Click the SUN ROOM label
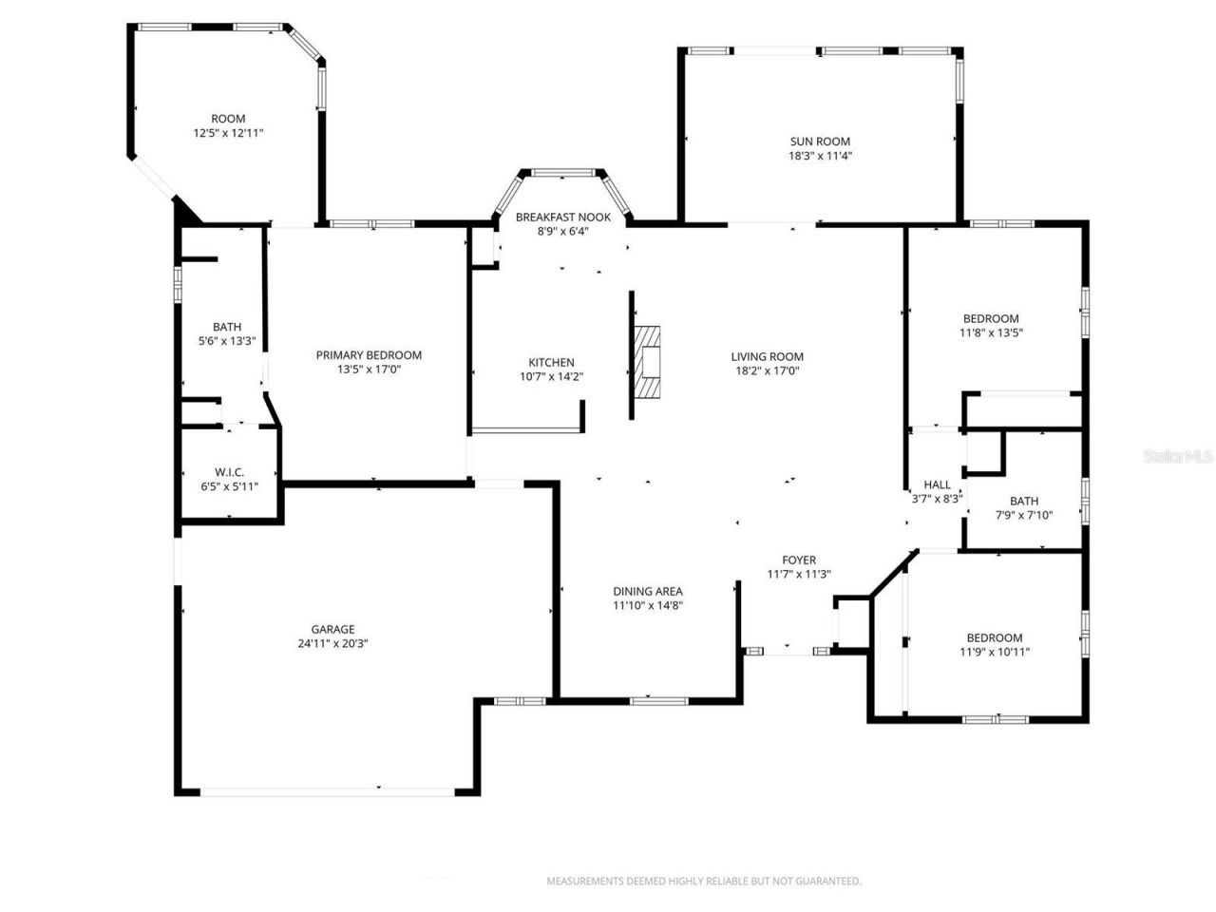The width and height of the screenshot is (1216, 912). click(819, 142)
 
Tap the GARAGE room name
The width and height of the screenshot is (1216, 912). click(332, 629)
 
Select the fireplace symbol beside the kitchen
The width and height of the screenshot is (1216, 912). click(648, 365)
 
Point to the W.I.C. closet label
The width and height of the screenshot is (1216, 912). click(230, 472)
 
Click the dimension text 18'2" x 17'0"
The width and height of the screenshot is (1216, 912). click(768, 371)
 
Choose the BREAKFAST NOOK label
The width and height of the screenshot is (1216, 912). click(562, 218)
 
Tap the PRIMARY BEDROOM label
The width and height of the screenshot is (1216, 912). click(369, 355)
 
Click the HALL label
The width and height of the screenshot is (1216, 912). click(937, 484)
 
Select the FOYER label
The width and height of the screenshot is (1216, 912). click(798, 560)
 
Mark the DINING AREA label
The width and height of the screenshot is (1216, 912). click(647, 591)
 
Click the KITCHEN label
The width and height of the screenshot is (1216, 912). click(551, 362)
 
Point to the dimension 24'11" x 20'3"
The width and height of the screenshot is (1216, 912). click(332, 643)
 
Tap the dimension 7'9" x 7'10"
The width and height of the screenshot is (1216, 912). click(1024, 515)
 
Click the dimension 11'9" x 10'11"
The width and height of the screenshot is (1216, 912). click(995, 652)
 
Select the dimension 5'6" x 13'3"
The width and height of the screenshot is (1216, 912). click(227, 341)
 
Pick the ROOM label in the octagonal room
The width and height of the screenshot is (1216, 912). click(228, 119)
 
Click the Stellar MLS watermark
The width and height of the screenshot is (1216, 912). click(1178, 457)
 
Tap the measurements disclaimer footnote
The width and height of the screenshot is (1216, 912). click(703, 882)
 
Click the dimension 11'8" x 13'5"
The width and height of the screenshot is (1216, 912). click(991, 332)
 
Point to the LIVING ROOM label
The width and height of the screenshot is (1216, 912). click(768, 357)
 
